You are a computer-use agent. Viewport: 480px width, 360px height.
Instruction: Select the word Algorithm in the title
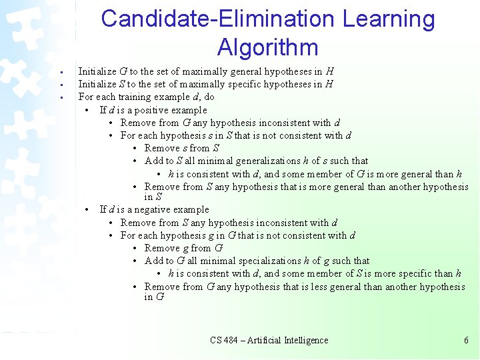coord(267,47)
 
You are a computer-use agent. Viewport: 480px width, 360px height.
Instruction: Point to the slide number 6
coord(467,340)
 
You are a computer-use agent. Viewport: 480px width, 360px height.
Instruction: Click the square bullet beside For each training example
coord(60,98)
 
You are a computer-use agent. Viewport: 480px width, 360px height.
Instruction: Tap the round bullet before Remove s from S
coord(136,148)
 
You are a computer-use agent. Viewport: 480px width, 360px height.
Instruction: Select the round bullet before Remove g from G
coord(136,248)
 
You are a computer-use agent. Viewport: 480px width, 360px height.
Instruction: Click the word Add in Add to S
coord(153,161)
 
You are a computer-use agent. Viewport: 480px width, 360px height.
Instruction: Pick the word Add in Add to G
coord(153,261)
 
